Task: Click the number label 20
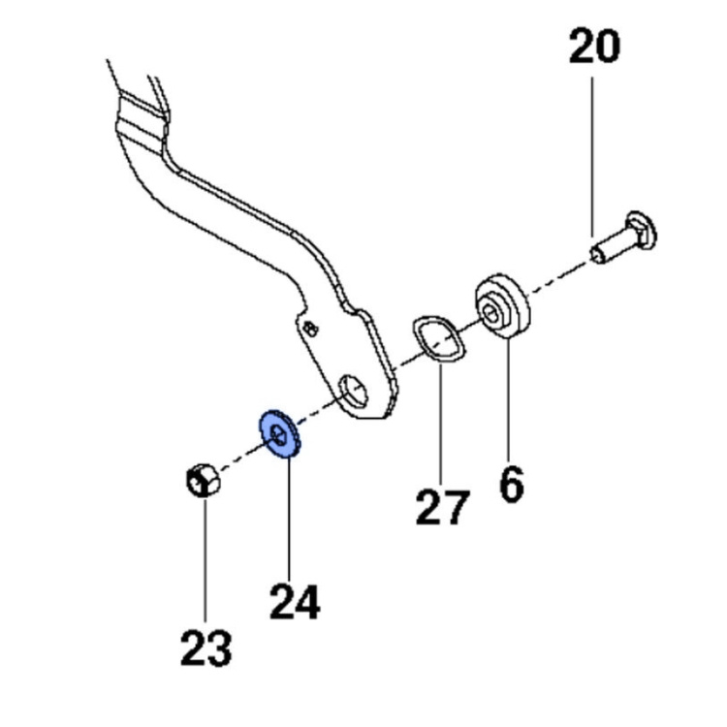(x=594, y=47)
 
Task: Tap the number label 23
(x=206, y=647)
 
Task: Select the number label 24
(x=294, y=601)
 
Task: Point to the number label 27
(x=442, y=507)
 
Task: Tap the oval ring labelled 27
(x=437, y=340)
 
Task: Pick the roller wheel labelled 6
(x=505, y=307)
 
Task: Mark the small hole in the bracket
(x=308, y=329)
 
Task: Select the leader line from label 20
(x=593, y=155)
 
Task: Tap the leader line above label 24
(x=288, y=514)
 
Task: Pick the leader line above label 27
(x=440, y=427)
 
